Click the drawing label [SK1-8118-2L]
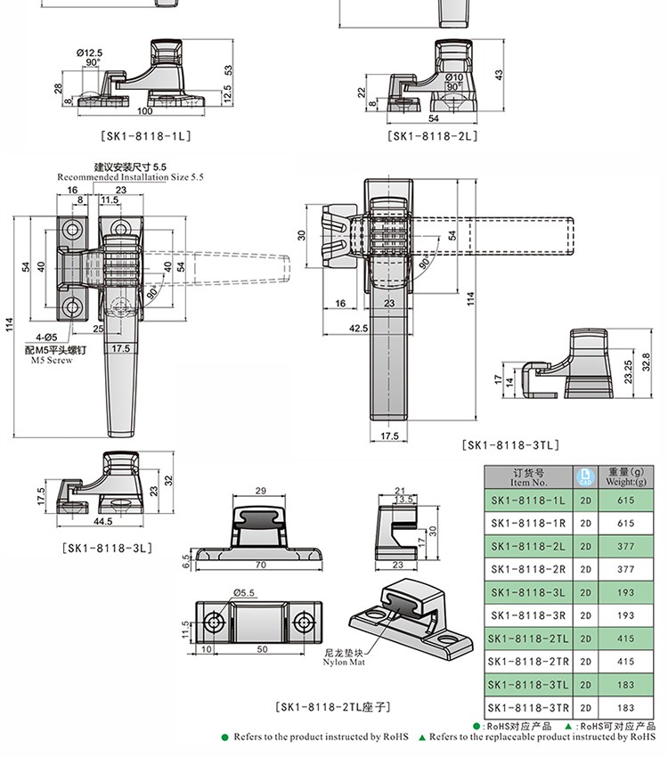(434, 136)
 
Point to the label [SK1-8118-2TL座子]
(333, 707)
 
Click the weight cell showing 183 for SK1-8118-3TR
(626, 707)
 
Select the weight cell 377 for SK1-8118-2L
(626, 546)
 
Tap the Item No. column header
(528, 477)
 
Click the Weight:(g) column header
(626, 477)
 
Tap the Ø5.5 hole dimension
(245, 592)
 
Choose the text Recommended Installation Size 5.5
(131, 177)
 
